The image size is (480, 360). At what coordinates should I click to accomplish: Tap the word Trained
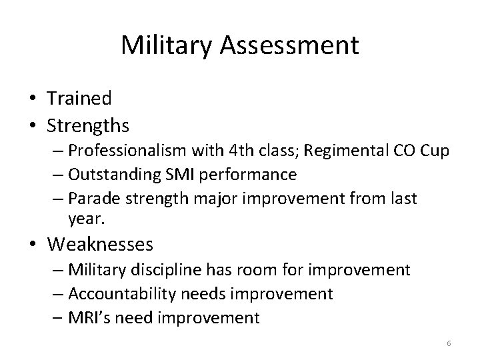(79, 98)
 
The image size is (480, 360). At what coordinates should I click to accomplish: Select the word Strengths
(88, 125)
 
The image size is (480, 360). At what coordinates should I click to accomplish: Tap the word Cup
(435, 151)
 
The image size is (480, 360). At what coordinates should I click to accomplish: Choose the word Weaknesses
(100, 245)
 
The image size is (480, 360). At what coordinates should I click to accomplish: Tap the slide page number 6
(449, 343)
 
